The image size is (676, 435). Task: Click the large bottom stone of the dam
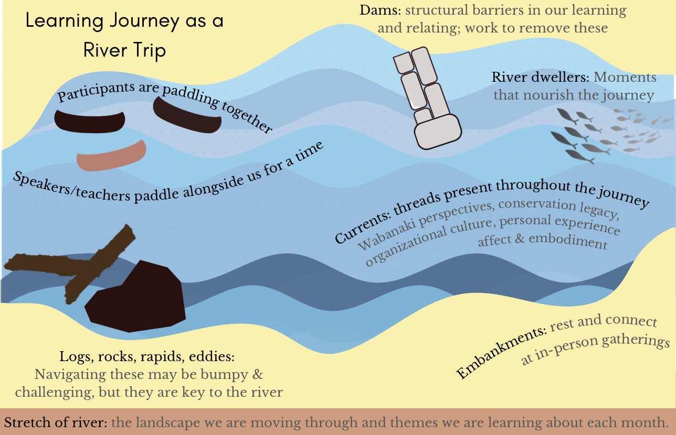(x=437, y=131)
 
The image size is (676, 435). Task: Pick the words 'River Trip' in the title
(x=124, y=51)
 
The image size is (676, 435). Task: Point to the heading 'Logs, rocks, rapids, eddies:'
(x=146, y=357)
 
